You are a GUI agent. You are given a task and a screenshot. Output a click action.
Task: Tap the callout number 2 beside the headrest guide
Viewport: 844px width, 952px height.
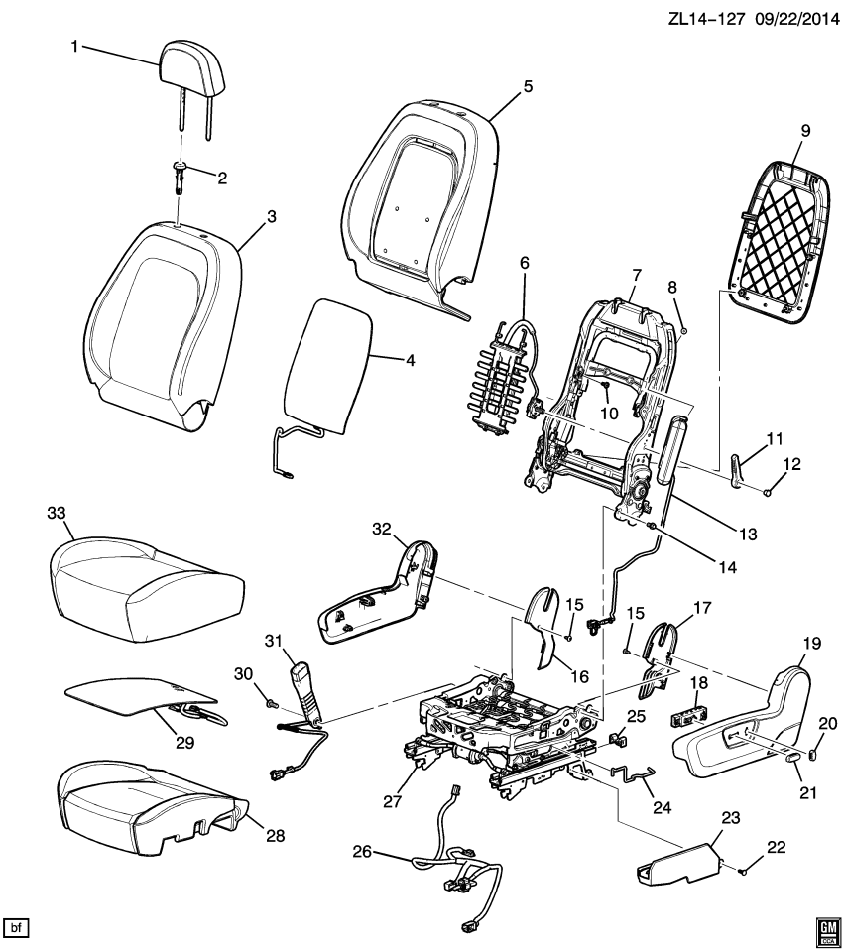point(222,178)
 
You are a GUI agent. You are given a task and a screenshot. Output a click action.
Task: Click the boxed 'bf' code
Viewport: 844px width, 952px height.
point(16,927)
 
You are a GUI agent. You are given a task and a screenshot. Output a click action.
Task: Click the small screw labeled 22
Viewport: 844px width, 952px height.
point(741,870)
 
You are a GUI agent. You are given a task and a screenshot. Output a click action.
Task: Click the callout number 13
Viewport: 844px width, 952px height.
point(747,534)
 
